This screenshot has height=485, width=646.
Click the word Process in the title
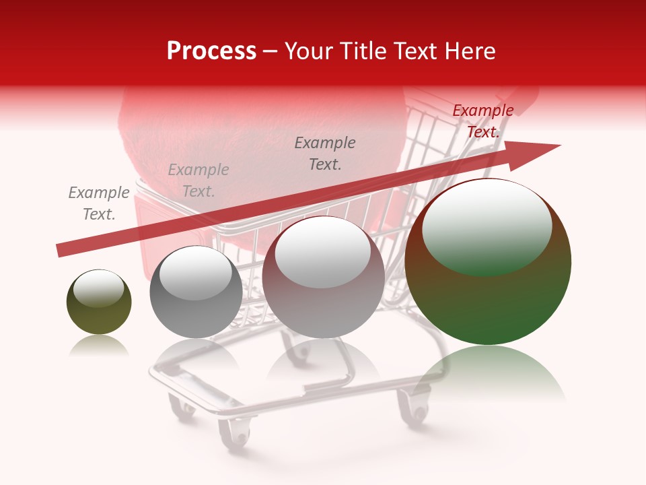coord(211,51)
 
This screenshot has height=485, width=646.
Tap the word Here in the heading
coord(470,51)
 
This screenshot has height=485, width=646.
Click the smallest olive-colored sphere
coord(99,303)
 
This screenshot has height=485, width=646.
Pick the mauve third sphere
coord(323,278)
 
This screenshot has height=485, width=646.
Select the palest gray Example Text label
coord(199,181)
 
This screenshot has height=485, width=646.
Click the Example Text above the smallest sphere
coord(99,203)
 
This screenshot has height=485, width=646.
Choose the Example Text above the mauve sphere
coord(325,153)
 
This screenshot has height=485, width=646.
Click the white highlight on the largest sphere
coord(487,226)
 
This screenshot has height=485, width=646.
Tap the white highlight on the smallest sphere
coord(98,288)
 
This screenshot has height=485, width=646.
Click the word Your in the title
coord(308,51)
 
